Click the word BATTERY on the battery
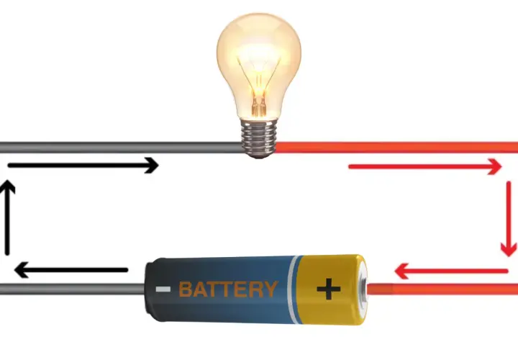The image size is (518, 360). (228, 289)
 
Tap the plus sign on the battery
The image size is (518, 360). (328, 289)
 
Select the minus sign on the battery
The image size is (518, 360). (163, 289)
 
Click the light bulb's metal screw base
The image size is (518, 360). (259, 138)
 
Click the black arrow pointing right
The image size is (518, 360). (83, 166)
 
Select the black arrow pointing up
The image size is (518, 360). (7, 217)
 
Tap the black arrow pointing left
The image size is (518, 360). (71, 270)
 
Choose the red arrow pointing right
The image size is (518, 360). (425, 166)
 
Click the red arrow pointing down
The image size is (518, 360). (509, 219)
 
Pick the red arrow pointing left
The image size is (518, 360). (451, 271)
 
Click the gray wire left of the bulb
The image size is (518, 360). (121, 148)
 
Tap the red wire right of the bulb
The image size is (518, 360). (396, 148)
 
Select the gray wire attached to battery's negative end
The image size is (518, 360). (73, 289)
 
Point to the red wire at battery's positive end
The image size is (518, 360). (442, 289)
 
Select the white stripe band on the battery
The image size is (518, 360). (292, 289)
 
